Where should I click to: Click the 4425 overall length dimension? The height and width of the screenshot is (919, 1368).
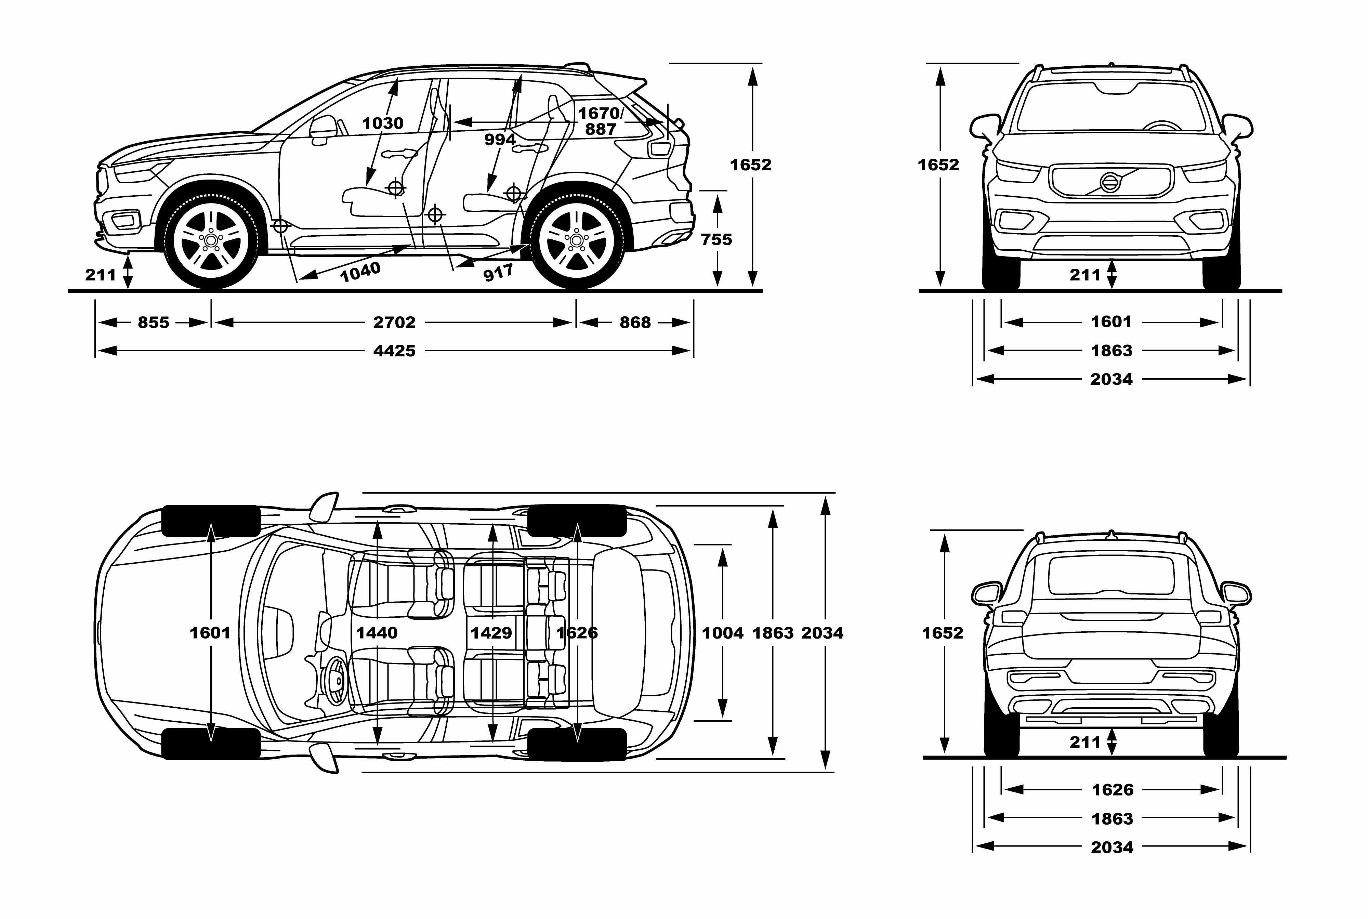pyautogui.click(x=394, y=351)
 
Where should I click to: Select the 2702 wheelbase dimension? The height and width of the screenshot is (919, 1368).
pyautogui.click(x=394, y=322)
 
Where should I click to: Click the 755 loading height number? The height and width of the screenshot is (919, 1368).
pyautogui.click(x=716, y=239)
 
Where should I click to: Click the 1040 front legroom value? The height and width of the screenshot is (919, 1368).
pyautogui.click(x=360, y=271)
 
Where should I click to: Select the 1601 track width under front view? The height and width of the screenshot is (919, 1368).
pyautogui.click(x=1111, y=321)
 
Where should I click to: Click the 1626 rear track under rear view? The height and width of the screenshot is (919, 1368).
pyautogui.click(x=1112, y=789)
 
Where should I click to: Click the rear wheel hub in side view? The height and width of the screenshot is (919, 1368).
pyautogui.click(x=577, y=240)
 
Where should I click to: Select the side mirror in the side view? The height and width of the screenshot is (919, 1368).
pyautogui.click(x=323, y=129)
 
